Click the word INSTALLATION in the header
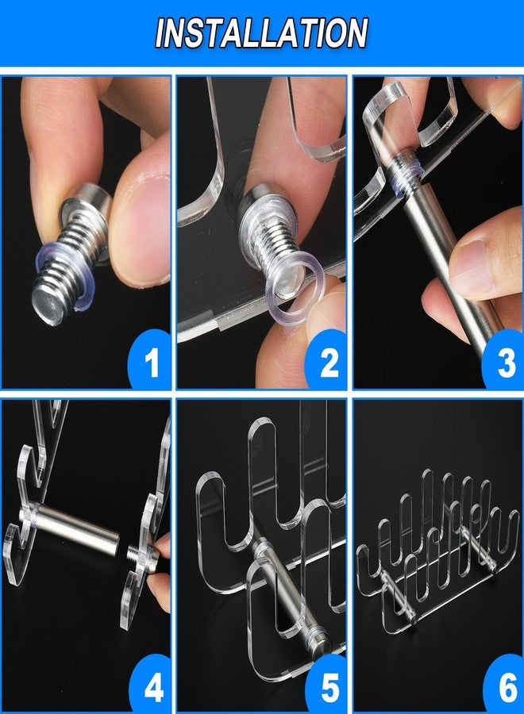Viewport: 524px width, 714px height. tap(261, 33)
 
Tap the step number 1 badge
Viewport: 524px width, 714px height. tap(150, 359)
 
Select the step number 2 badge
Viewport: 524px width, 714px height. tap(327, 359)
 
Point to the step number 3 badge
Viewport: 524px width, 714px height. tap(503, 359)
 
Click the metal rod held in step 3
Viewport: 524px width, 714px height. tap(449, 255)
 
